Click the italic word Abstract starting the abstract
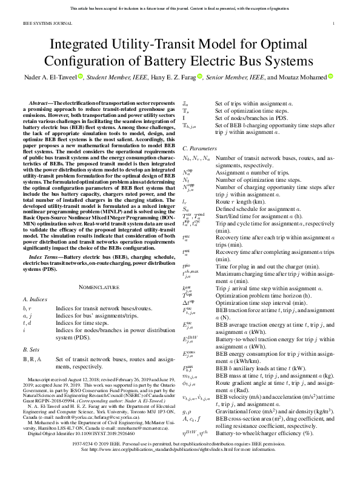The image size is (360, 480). coord(41,104)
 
